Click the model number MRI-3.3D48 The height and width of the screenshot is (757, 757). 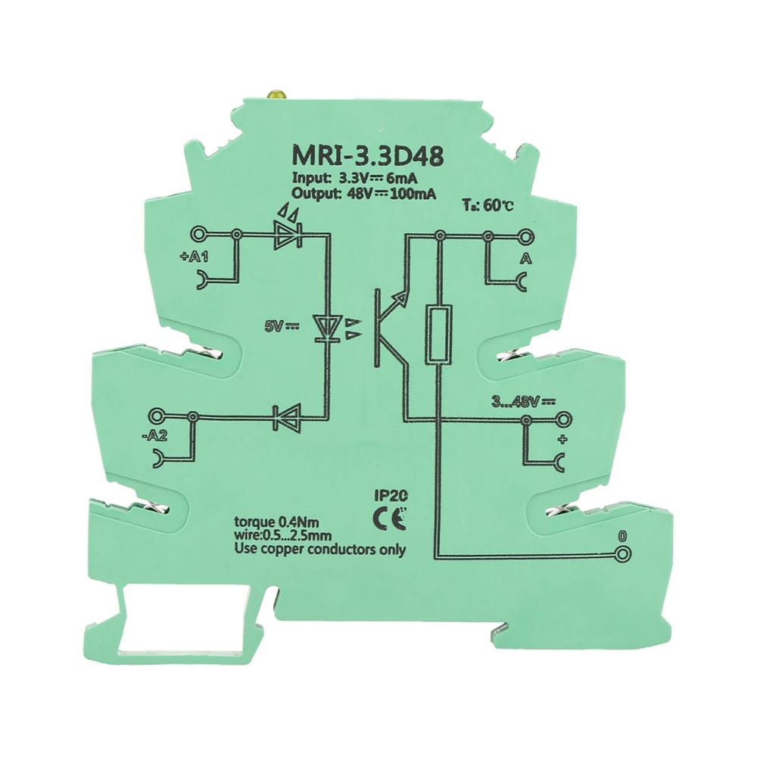(x=367, y=157)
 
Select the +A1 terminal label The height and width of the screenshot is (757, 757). (x=194, y=257)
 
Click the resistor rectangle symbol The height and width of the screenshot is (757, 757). (x=439, y=333)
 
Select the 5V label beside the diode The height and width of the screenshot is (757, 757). (x=281, y=326)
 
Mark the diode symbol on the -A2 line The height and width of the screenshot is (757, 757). (x=287, y=416)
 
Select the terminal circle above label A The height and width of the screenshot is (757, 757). (x=526, y=236)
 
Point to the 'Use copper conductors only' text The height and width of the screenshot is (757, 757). (x=319, y=549)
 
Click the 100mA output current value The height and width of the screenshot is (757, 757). (x=413, y=194)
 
